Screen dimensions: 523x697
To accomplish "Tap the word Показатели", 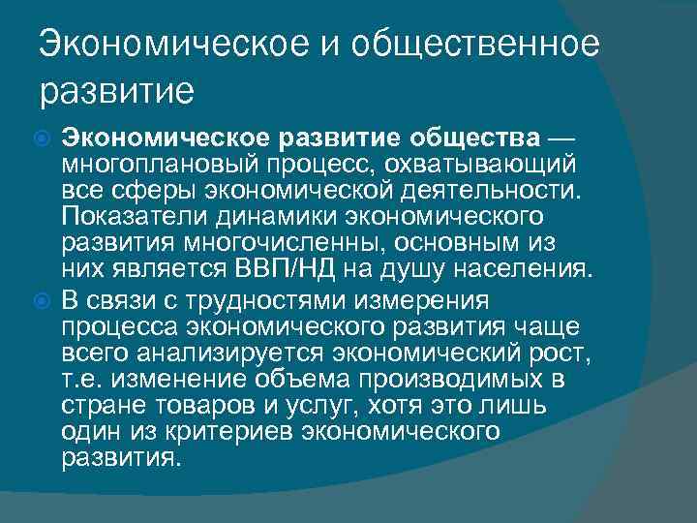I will (x=129, y=213).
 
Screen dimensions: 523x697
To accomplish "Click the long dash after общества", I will (x=565, y=133).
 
